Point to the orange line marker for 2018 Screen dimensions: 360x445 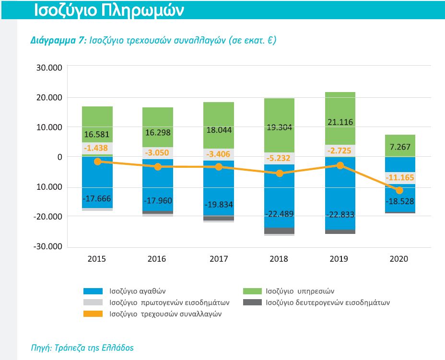click(279, 173)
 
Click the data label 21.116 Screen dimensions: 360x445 click(340, 122)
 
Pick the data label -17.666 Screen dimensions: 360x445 click(97, 198)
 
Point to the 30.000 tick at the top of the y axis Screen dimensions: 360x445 click(49, 68)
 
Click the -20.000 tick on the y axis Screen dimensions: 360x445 click(48, 216)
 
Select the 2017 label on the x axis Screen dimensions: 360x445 click(219, 259)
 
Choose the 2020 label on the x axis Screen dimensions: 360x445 click(399, 259)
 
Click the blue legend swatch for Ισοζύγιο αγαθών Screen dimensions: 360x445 click(93, 291)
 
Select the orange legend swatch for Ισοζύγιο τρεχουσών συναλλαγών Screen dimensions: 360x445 click(93, 314)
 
